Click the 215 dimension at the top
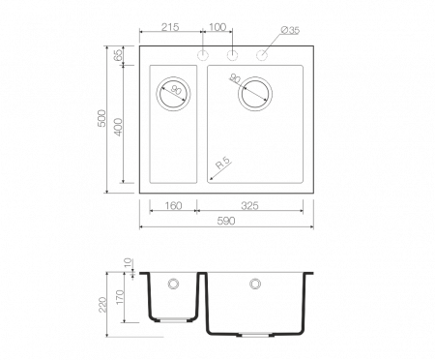click(170, 27)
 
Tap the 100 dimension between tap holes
click(217, 27)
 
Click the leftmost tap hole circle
click(203, 54)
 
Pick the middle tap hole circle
click(232, 54)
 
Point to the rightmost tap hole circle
click(261, 54)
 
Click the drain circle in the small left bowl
click(173, 94)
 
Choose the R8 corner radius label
click(221, 165)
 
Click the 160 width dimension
click(174, 205)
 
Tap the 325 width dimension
click(249, 205)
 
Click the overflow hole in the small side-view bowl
click(173, 285)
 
